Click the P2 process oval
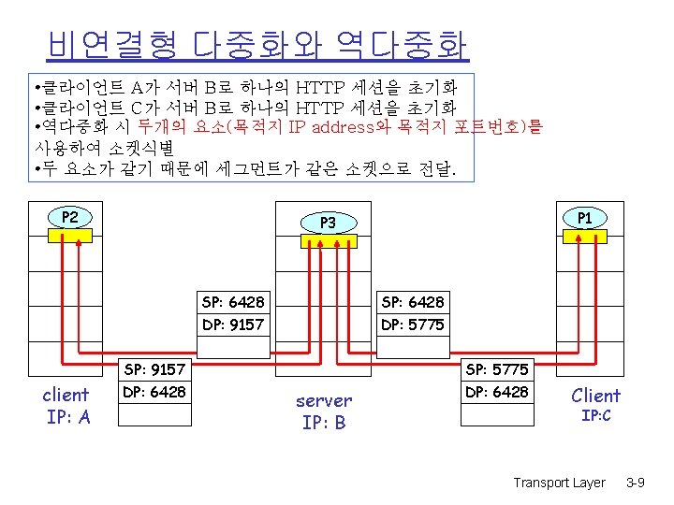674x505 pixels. pyautogui.click(x=70, y=218)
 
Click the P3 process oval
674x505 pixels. pyautogui.click(x=328, y=223)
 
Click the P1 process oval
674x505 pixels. pyautogui.click(x=585, y=218)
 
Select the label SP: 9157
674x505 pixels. pyautogui.click(x=154, y=369)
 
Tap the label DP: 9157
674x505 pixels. pyautogui.click(x=233, y=325)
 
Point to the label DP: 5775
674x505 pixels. pyautogui.click(x=412, y=325)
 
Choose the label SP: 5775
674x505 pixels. pyautogui.click(x=497, y=369)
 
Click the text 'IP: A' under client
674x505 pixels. pyautogui.click(x=68, y=417)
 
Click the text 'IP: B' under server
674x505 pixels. pyautogui.click(x=324, y=423)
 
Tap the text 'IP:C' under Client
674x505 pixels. pyautogui.click(x=596, y=414)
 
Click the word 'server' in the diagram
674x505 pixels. pyautogui.click(x=324, y=400)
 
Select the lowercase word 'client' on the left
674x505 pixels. pyautogui.click(x=66, y=395)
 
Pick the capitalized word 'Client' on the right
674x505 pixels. pyautogui.click(x=596, y=395)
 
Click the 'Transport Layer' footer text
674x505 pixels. pyautogui.click(x=559, y=483)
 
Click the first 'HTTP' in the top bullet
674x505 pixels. pyautogui.click(x=319, y=89)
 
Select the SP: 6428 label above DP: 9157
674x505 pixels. pyautogui.click(x=233, y=302)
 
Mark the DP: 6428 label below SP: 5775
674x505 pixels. pyautogui.click(x=497, y=392)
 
